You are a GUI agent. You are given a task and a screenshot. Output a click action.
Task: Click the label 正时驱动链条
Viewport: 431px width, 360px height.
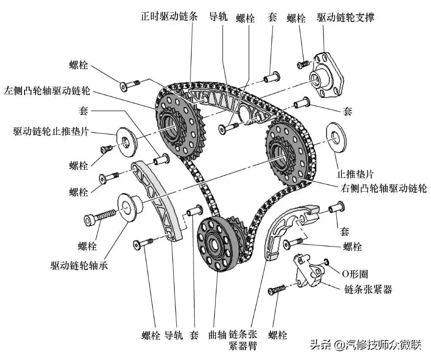(166, 17)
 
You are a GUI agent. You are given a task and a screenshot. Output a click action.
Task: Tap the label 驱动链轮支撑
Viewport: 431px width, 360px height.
(345, 17)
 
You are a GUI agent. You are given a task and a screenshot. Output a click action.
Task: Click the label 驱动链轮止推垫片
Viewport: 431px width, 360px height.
(50, 132)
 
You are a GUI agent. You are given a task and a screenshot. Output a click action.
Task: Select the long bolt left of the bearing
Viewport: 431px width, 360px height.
(100, 217)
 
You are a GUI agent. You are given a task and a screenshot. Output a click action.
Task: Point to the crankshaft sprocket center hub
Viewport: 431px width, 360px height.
(217, 245)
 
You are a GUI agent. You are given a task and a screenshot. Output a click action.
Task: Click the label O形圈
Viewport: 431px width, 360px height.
(355, 274)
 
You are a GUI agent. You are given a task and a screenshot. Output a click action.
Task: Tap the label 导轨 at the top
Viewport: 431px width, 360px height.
(218, 17)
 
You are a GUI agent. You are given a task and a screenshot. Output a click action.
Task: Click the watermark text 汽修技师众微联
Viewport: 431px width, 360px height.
(382, 345)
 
